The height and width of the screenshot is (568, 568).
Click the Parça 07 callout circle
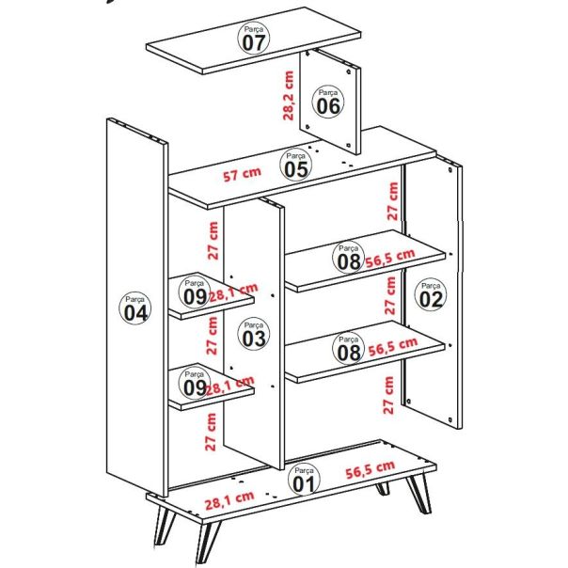click(253, 39)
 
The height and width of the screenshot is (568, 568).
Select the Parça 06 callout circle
click(327, 101)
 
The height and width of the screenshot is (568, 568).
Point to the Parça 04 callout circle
click(134, 308)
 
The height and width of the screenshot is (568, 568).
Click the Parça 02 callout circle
click(430, 294)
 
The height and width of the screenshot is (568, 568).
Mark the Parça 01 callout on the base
click(303, 480)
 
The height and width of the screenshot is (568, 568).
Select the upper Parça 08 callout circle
click(348, 257)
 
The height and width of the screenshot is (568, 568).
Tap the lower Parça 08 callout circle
click(348, 348)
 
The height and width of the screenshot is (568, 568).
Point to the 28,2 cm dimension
click(288, 95)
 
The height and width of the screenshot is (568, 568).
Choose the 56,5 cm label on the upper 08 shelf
click(391, 258)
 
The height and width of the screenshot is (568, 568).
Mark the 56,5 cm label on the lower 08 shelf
click(391, 347)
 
